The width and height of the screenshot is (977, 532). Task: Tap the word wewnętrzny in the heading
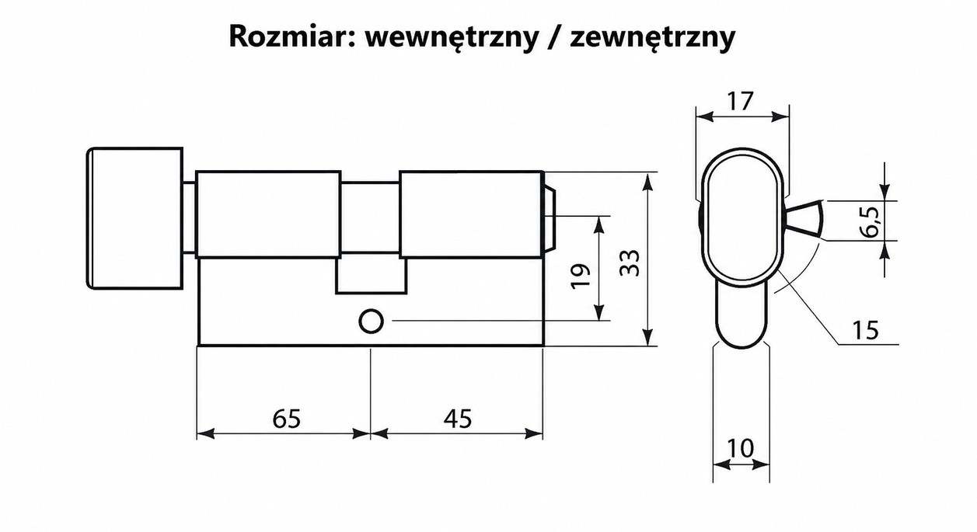pyautogui.click(x=452, y=39)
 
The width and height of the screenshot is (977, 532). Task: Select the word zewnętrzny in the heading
pyautogui.click(x=652, y=39)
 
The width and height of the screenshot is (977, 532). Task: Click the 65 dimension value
pyautogui.click(x=287, y=419)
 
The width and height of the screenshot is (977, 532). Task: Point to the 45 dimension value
pyautogui.click(x=458, y=419)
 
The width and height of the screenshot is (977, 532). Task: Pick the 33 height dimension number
pyautogui.click(x=630, y=263)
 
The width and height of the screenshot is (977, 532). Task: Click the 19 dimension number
pyautogui.click(x=581, y=276)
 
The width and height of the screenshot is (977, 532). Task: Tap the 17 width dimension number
pyautogui.click(x=741, y=101)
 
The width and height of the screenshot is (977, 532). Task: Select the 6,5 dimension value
pyautogui.click(x=871, y=222)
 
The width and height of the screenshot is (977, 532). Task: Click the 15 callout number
pyautogui.click(x=866, y=330)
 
